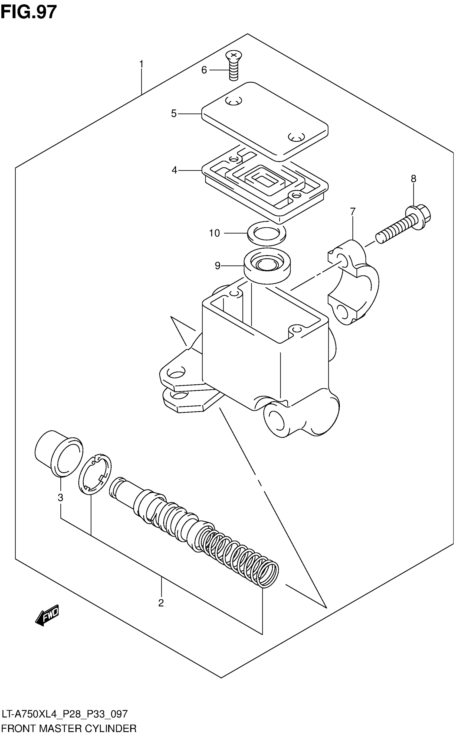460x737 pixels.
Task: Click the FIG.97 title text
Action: (29, 12)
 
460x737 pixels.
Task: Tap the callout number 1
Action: (141, 64)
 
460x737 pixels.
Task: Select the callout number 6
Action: (204, 70)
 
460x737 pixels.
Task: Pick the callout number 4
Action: (174, 170)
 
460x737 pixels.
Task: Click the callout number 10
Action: (214, 233)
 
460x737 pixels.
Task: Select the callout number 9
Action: (217, 266)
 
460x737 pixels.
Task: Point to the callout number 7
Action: (353, 211)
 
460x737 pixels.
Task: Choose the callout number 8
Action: (413, 179)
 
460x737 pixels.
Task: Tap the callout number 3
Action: (61, 498)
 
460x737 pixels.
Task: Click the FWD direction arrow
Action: (47, 615)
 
